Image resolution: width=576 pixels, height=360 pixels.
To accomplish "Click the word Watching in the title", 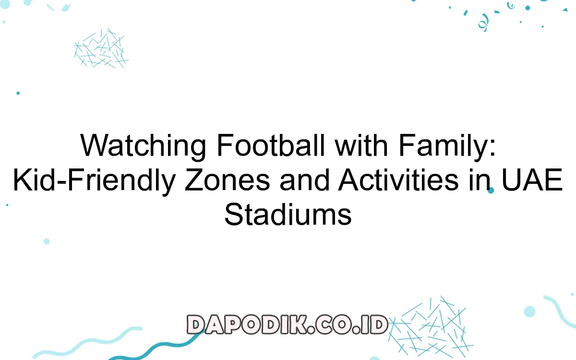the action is point(143,145).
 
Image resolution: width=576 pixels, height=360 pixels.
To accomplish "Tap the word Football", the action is point(271,145).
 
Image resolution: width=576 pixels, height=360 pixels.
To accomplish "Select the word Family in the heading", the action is point(444,145).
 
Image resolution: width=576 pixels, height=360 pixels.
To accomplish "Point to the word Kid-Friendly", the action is point(95,180).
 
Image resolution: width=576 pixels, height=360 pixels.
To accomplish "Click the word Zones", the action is point(228,180).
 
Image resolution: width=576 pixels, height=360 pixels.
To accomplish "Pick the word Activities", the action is point(398,180).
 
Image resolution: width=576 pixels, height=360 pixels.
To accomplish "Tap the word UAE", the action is point(532,180).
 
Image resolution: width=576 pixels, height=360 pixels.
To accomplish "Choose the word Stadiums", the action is point(288,214).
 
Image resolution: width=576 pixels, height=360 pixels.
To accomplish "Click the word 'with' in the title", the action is point(361,145).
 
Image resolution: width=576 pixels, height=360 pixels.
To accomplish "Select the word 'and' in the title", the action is point(304,180).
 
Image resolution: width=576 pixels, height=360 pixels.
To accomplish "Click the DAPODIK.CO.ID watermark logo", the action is point(287,324).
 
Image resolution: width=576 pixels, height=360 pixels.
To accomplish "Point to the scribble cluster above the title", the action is point(101,48).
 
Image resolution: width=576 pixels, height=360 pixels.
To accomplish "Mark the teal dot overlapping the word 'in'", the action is point(491,190).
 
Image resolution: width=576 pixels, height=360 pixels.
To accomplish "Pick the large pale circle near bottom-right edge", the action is point(529,312).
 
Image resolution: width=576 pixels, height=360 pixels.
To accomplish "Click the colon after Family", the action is point(492,149).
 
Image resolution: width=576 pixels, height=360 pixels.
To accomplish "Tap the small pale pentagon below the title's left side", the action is point(47,241).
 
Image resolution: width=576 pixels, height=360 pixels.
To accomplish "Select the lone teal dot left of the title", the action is point(18,93).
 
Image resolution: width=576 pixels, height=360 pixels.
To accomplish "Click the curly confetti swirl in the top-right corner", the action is point(483,23).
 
